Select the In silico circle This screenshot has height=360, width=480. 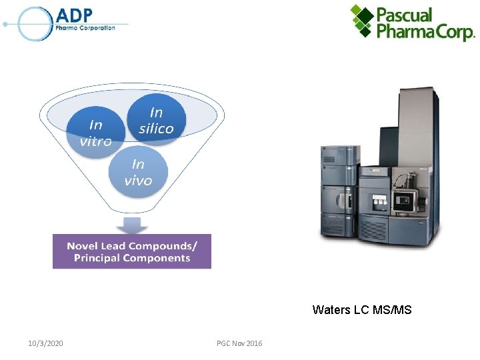coord(157,121)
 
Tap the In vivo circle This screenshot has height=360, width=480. coord(138,172)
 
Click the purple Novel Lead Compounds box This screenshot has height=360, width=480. coord(132,251)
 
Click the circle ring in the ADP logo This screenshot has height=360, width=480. coord(35,25)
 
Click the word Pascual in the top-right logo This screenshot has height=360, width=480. coord(405,15)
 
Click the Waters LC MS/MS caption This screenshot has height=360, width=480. coord(361,309)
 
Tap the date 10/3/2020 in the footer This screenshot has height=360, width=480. coord(46,343)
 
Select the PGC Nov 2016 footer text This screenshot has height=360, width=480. coord(239,343)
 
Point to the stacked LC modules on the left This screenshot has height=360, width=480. coord(339,190)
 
